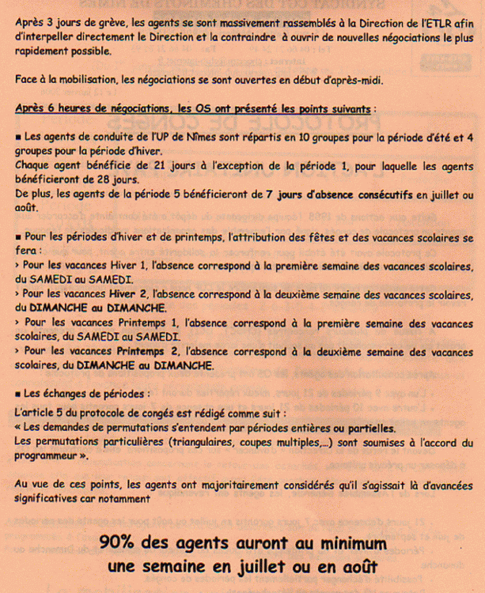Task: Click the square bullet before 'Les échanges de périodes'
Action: [17, 394]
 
